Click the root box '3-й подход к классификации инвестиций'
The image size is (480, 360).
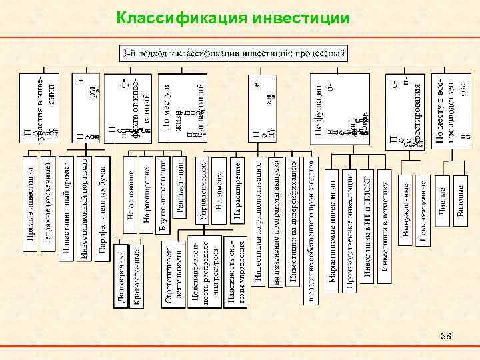[x=233, y=51]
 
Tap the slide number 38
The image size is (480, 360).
[x=446, y=335]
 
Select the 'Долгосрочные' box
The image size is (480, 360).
[x=119, y=276]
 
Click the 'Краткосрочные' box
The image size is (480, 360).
[x=137, y=276]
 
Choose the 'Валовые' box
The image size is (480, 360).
[x=460, y=197]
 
